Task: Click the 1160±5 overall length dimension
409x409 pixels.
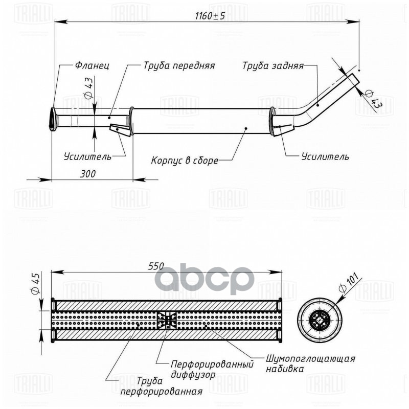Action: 209,16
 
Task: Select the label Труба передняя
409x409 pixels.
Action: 178,66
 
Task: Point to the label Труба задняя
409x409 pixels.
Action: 273,66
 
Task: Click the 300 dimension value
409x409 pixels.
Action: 88,174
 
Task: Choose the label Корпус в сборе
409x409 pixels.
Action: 184,160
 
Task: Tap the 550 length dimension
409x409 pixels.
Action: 156,266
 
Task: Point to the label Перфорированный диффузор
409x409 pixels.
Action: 212,369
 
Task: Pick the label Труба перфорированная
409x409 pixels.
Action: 160,387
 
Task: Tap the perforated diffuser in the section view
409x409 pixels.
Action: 167,321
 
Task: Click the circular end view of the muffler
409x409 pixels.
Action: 321,321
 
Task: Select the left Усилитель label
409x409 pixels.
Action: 87,156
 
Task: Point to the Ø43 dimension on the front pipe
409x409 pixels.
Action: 87,87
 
